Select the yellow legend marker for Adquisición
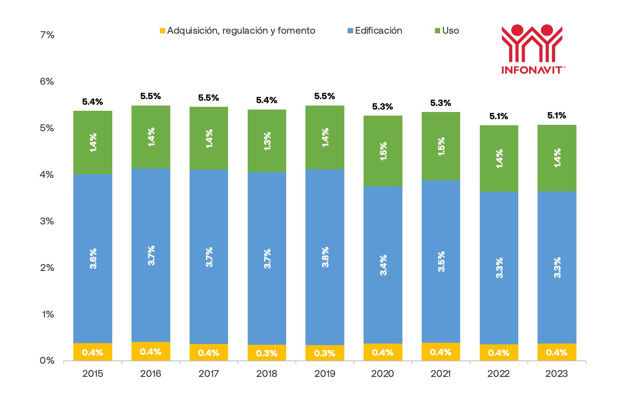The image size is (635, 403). tap(162, 31)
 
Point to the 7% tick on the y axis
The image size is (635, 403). tap(47, 35)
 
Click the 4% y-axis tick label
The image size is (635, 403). tap(47, 175)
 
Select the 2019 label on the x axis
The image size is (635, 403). tap(325, 374)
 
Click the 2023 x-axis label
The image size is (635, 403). tap(556, 374)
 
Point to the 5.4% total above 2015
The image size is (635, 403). tap(93, 102)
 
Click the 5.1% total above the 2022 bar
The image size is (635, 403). tap(499, 116)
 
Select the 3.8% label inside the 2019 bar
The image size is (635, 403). tap(325, 257)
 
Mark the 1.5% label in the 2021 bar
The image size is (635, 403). tap(441, 147)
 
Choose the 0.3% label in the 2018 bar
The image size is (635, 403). tap(267, 353)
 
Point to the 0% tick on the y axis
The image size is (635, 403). tap(47, 360)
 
